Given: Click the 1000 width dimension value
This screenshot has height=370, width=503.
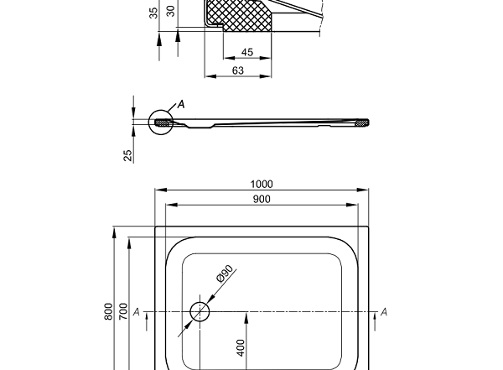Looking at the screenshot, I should click(262, 185).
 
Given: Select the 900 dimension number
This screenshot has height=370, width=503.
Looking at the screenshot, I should click(262, 199).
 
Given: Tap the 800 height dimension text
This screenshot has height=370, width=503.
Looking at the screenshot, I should click(108, 311).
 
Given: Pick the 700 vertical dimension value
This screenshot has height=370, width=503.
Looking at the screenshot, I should click(123, 311).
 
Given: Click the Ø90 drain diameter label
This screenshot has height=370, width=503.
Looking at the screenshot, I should click(225, 276).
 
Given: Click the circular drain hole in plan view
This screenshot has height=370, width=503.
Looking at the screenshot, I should click(200, 311).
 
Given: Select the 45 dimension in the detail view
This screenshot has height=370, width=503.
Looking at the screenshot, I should click(246, 53).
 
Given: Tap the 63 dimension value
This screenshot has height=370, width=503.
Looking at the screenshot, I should click(238, 71).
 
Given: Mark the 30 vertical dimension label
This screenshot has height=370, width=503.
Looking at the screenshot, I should click(171, 11).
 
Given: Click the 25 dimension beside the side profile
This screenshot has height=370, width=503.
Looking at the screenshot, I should click(128, 155).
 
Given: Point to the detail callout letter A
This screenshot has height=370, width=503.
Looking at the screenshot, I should click(181, 105).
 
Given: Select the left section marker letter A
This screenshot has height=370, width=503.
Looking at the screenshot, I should click(136, 312).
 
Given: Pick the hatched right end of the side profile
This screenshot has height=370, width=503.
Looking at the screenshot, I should click(361, 122).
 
